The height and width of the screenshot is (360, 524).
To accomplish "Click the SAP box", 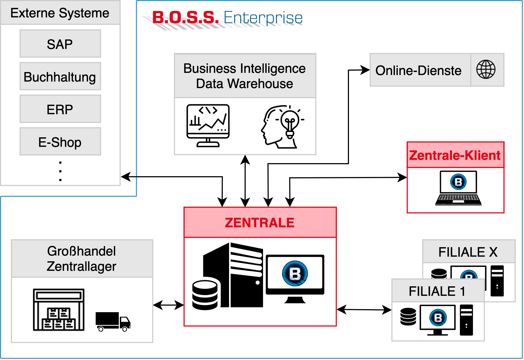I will coord(60,44).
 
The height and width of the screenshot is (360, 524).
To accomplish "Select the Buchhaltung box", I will coord(60,76).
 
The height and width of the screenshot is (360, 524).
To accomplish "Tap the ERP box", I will coord(60,109).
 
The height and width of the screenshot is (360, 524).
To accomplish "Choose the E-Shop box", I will coord(60,142).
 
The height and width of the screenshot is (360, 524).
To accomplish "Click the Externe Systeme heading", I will coord(60,13).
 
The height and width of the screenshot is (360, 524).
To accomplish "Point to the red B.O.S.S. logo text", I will coord(185,17).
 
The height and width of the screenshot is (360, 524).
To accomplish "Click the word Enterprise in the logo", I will coord(263,17).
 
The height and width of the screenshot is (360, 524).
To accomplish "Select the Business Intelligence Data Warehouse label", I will coord(245,76).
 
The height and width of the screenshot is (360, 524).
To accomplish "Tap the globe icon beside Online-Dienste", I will coord(486,70).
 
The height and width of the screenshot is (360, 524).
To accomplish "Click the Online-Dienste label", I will coord(418,70).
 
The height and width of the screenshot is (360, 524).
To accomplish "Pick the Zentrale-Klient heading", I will coord(455,155).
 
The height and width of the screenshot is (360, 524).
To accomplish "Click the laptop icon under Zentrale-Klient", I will coord(458,188).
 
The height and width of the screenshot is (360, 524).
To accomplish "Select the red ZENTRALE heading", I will coord(260,223).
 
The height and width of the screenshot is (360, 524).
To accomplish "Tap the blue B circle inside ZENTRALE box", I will coord(295,274).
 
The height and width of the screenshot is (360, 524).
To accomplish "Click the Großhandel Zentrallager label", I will coord(82,259).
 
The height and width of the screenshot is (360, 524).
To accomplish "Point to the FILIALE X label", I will coord(468,252).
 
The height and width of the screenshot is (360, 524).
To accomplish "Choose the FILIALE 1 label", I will coord(437,291).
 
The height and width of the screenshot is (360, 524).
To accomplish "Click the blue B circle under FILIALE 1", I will coord(438,318).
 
